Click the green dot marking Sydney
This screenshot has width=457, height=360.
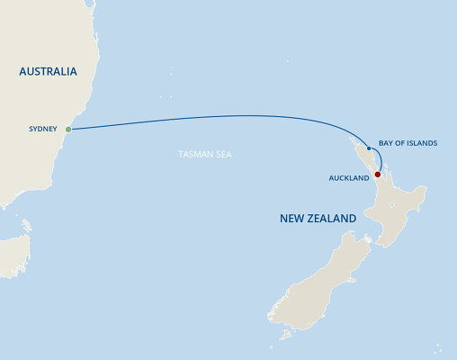pyautogui.click(x=67, y=130)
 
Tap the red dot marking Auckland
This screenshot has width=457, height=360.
pyautogui.click(x=377, y=174)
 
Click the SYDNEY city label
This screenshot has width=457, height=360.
pyautogui.click(x=42, y=130)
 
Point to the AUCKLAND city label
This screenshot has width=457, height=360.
pyautogui.click(x=349, y=178)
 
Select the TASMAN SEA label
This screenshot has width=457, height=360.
pyautogui.click(x=205, y=155)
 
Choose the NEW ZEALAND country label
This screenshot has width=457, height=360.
pyautogui.click(x=318, y=219)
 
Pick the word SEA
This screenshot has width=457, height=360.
pyautogui.click(x=224, y=155)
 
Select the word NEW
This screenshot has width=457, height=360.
pyautogui.click(x=291, y=219)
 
